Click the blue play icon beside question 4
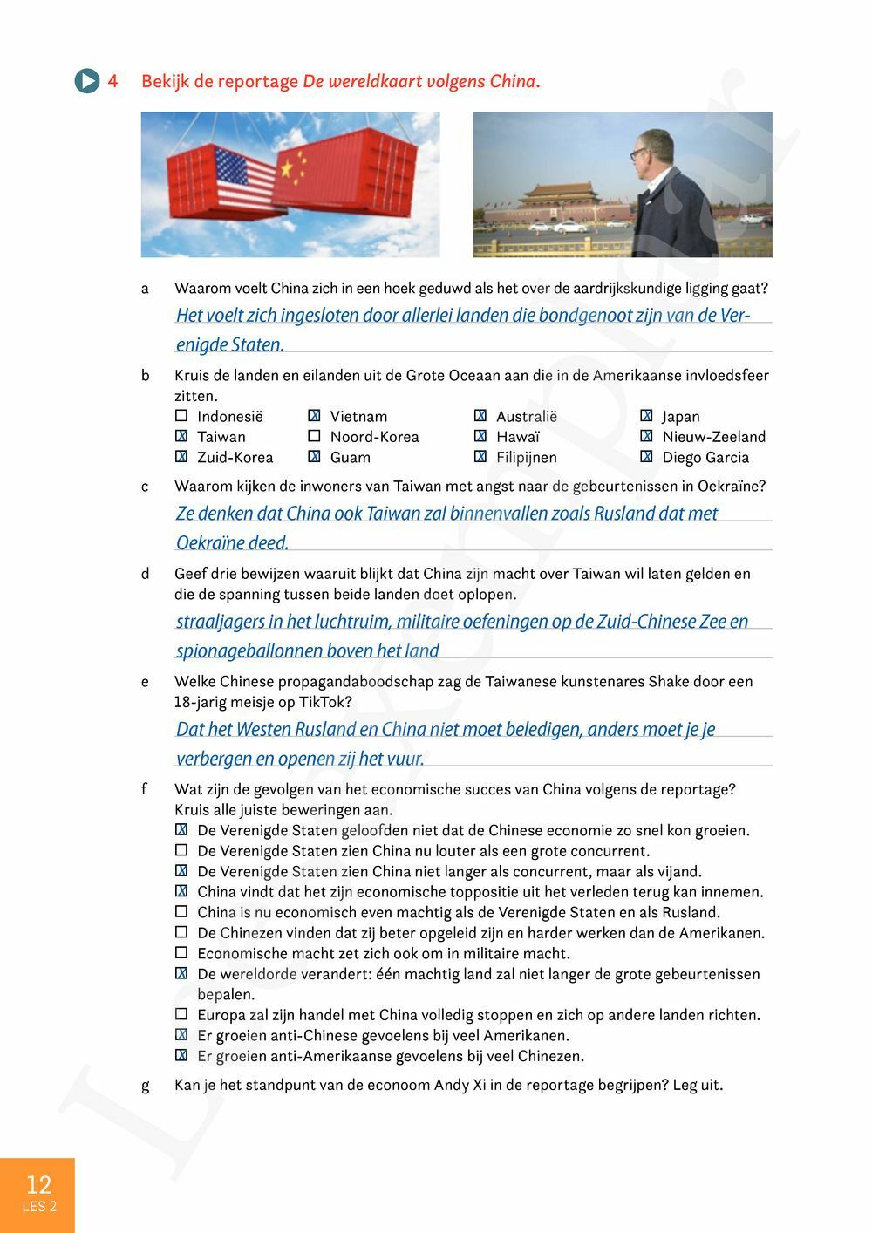(x=87, y=81)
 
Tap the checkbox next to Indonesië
(x=181, y=416)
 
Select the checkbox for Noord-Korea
(x=314, y=436)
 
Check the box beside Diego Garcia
(x=646, y=457)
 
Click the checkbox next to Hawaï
(x=480, y=436)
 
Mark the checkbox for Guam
(x=314, y=457)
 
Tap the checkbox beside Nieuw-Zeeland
(x=646, y=436)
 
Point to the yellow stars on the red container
(x=292, y=166)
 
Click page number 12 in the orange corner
(x=38, y=1183)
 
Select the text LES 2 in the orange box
(x=38, y=1207)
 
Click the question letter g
(x=145, y=1086)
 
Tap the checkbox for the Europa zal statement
(x=181, y=1014)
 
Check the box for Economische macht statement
(x=181, y=953)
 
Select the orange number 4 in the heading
(x=112, y=81)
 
